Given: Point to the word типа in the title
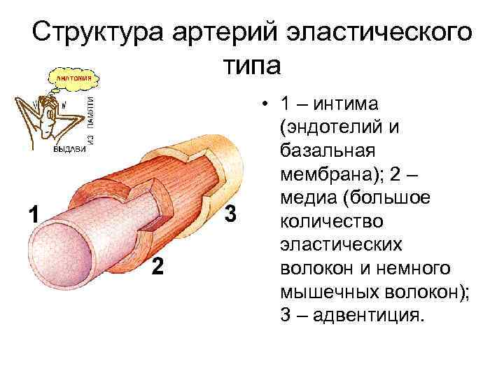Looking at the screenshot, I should tap(251, 64).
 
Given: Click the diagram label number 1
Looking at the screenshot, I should tap(31, 213).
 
